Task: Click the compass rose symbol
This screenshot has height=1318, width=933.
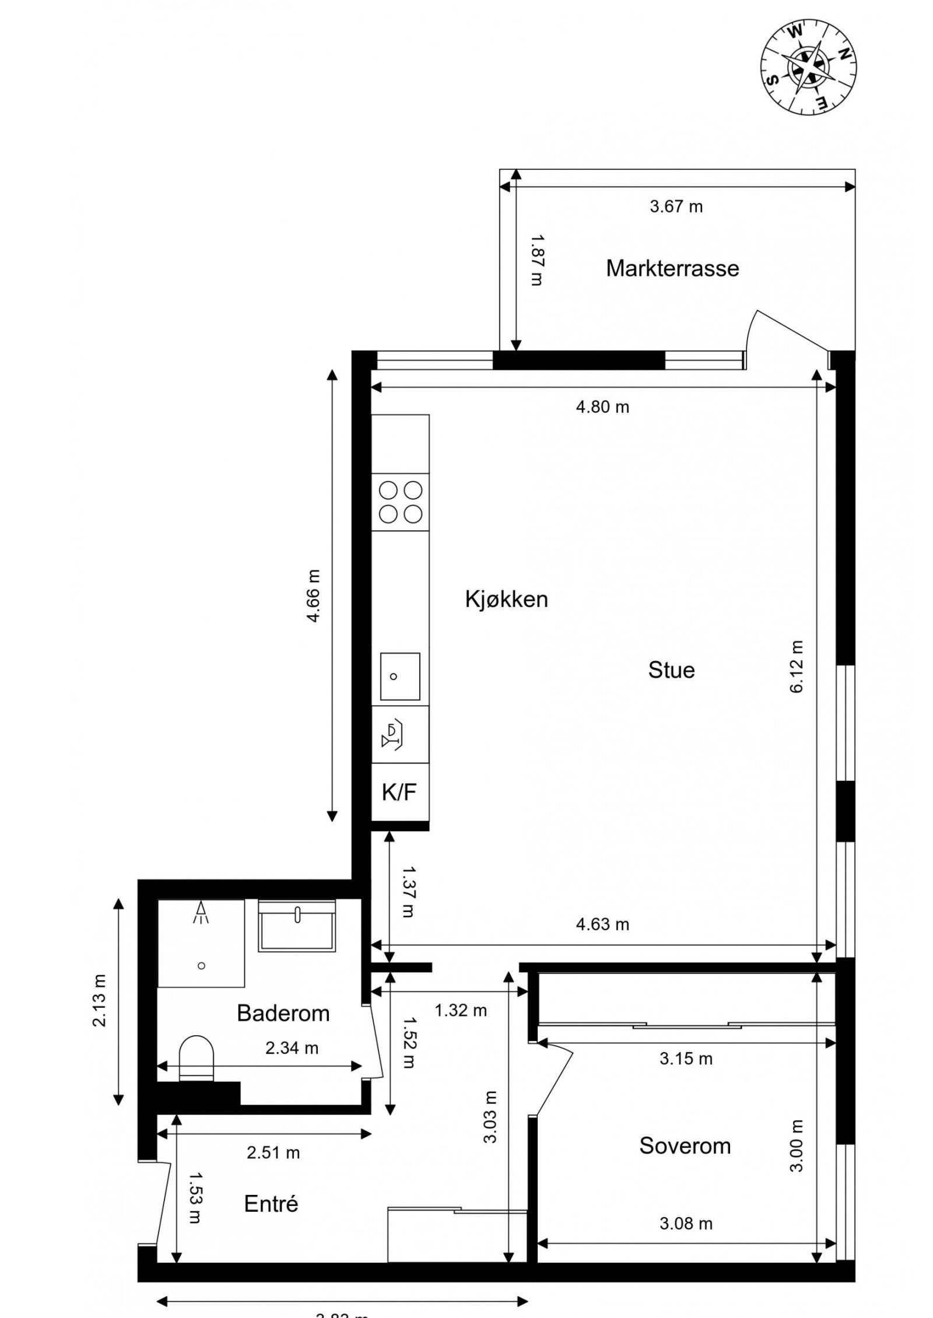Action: tap(808, 66)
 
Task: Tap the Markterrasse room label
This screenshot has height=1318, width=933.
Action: tap(672, 268)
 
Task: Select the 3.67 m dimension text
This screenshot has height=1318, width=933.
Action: tap(676, 206)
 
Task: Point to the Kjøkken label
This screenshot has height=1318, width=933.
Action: tap(506, 599)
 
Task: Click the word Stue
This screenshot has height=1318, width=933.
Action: tap(671, 670)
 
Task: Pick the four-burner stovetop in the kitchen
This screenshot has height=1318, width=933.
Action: tap(401, 502)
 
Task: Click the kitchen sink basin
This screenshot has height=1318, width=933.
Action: tap(400, 676)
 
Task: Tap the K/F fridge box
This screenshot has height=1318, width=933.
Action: tap(399, 792)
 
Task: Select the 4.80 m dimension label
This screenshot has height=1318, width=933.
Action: tap(602, 406)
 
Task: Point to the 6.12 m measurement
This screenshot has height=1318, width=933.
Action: tap(797, 667)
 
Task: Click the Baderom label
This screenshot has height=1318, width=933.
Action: tap(283, 1013)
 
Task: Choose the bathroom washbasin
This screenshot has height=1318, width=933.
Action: tap(297, 927)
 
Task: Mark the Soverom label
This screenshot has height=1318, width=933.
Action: tap(685, 1145)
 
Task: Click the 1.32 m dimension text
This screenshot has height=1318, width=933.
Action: tap(460, 1010)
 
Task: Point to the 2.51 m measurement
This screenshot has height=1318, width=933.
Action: tap(273, 1152)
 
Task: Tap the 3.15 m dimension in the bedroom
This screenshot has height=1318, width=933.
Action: tap(686, 1058)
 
